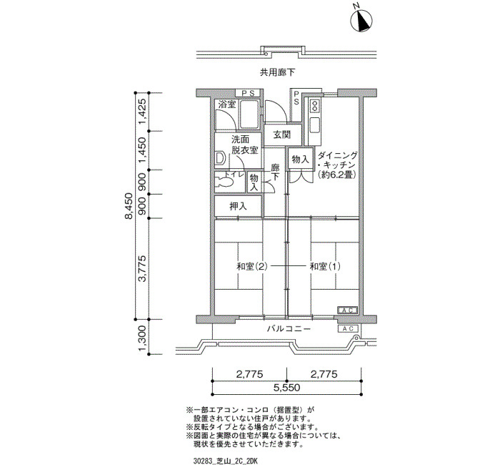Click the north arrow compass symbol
(361, 21)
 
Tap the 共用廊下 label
(277, 73)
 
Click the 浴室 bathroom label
(227, 104)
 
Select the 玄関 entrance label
(282, 134)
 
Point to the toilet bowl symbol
(224, 182)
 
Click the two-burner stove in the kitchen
(315, 106)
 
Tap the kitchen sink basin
(315, 125)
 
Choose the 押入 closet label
(238, 206)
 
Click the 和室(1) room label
(325, 266)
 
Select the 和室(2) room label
(251, 266)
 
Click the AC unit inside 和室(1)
(348, 310)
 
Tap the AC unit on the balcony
(348, 329)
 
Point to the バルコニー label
(289, 328)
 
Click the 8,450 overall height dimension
(129, 206)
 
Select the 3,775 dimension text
(143, 268)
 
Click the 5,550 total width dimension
(286, 388)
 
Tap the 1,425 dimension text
(143, 112)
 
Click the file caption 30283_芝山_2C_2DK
(225, 461)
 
